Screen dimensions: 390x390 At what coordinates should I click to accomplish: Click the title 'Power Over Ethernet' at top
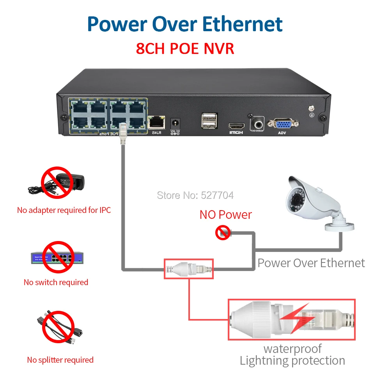point(185,24)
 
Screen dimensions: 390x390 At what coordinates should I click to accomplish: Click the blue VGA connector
point(286,124)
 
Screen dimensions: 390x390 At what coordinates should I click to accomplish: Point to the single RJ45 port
point(156,122)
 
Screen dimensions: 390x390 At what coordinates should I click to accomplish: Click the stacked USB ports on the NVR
point(207,121)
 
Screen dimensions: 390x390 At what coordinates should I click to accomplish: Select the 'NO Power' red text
point(225,214)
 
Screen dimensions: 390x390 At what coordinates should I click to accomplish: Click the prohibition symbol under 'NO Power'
point(223,233)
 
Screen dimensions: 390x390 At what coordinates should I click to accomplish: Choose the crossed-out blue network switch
point(58,257)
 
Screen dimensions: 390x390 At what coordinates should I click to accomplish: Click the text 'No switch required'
point(56,282)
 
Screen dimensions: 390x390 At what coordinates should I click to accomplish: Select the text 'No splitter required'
point(60,360)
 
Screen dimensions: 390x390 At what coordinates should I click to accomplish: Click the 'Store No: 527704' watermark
point(195,195)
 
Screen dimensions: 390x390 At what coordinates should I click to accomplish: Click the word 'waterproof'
point(292,348)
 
